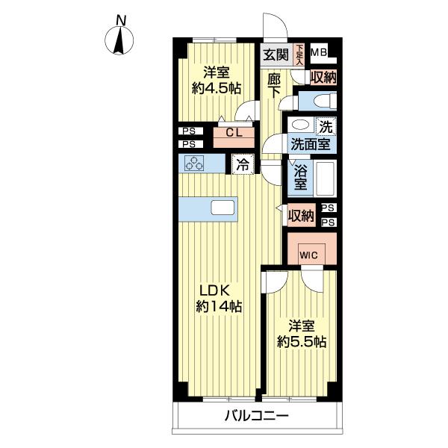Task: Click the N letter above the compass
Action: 121,21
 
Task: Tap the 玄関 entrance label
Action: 276,55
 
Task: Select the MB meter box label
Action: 319,52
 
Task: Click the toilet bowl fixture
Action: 325,101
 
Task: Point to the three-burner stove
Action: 194,164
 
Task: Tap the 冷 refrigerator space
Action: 243,164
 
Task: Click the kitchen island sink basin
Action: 223,208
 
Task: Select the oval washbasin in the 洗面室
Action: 301,125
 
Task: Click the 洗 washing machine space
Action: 326,127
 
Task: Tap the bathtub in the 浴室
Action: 326,178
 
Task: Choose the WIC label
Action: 308,255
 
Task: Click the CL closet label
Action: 234,133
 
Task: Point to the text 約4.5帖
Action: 217,89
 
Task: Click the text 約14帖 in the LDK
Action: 219,307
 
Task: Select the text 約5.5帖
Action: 302,341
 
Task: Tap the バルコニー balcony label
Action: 257,416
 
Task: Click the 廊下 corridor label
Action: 274,86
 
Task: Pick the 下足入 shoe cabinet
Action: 299,55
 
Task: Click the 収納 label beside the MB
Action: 323,77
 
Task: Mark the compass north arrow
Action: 119,40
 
